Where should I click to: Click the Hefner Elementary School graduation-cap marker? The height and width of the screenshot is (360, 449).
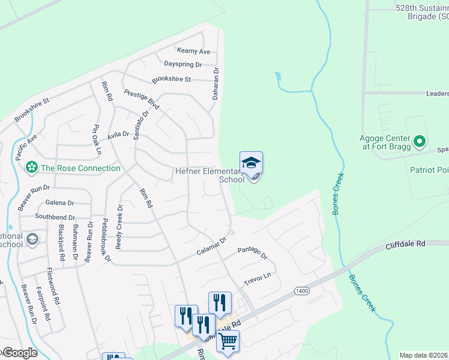pos(252,163)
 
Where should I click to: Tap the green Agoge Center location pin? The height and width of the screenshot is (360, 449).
pos(420,142)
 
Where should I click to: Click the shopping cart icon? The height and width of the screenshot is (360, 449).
pos(228,341)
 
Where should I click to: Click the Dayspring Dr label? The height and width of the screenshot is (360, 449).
pos(183,64)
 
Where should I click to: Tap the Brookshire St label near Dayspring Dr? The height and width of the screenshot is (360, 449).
pos(171,79)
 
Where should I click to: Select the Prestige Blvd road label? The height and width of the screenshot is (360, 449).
pos(142,100)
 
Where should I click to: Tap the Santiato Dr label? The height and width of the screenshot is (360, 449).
pos(140,125)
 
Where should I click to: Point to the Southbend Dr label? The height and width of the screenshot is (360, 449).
pos(55,217)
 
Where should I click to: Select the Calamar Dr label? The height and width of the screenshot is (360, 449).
pos(211,247)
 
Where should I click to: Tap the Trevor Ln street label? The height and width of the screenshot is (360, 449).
pos(258,278)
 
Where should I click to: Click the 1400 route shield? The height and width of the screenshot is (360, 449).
pos(302,290)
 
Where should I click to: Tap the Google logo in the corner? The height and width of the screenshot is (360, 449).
pos(19,353)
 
